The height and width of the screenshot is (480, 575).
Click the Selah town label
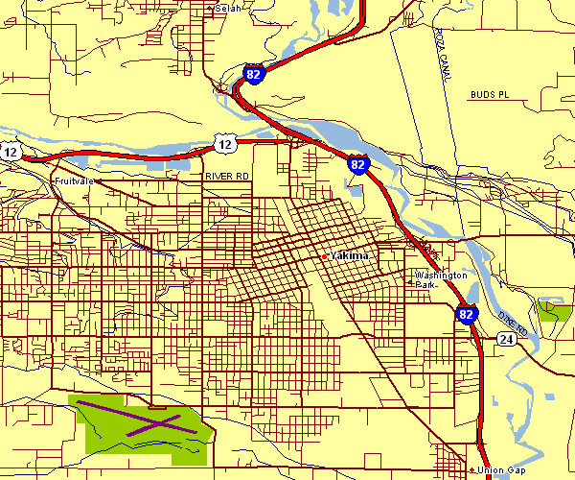pos(230,8)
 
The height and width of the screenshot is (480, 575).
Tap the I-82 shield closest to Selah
pos(253,74)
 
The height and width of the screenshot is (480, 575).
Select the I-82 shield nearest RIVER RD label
pos(358,164)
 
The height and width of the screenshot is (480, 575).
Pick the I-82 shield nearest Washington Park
pos(466,314)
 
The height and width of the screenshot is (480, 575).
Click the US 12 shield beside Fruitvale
pos(11,153)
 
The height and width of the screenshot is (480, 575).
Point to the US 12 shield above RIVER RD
pos(224,144)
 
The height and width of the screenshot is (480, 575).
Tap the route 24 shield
pos(507,338)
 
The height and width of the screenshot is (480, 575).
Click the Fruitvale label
pos(73,180)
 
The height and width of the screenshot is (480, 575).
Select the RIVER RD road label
pos(226,177)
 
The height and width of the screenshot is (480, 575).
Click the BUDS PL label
pos(492,95)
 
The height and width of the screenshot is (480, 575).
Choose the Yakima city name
pos(351,256)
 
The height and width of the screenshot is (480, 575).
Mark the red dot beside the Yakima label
pos(325,256)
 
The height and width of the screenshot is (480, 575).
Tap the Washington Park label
pos(440,279)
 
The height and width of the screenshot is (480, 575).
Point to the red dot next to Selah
pos(210,8)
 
